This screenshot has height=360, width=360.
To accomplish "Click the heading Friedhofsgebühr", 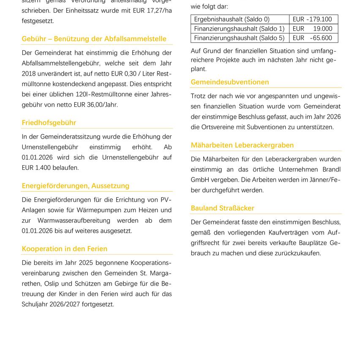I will pyautogui.click(x=49, y=123).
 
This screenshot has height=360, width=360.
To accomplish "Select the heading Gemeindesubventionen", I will pyautogui.click(x=230, y=82).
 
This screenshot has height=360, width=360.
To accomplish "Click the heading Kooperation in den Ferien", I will pyautogui.click(x=65, y=249).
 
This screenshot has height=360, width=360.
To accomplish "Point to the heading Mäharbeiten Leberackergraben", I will pyautogui.click(x=242, y=145).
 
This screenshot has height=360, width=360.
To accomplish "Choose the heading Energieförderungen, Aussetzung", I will pyautogui.click(x=76, y=186).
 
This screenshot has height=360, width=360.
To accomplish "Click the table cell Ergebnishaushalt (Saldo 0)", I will pyautogui.click(x=232, y=19).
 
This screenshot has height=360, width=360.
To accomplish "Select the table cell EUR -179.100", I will pyautogui.click(x=312, y=19).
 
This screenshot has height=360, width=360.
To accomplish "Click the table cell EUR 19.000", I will pyautogui.click(x=312, y=29).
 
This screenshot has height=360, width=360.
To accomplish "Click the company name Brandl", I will pyautogui.click(x=331, y=169).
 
